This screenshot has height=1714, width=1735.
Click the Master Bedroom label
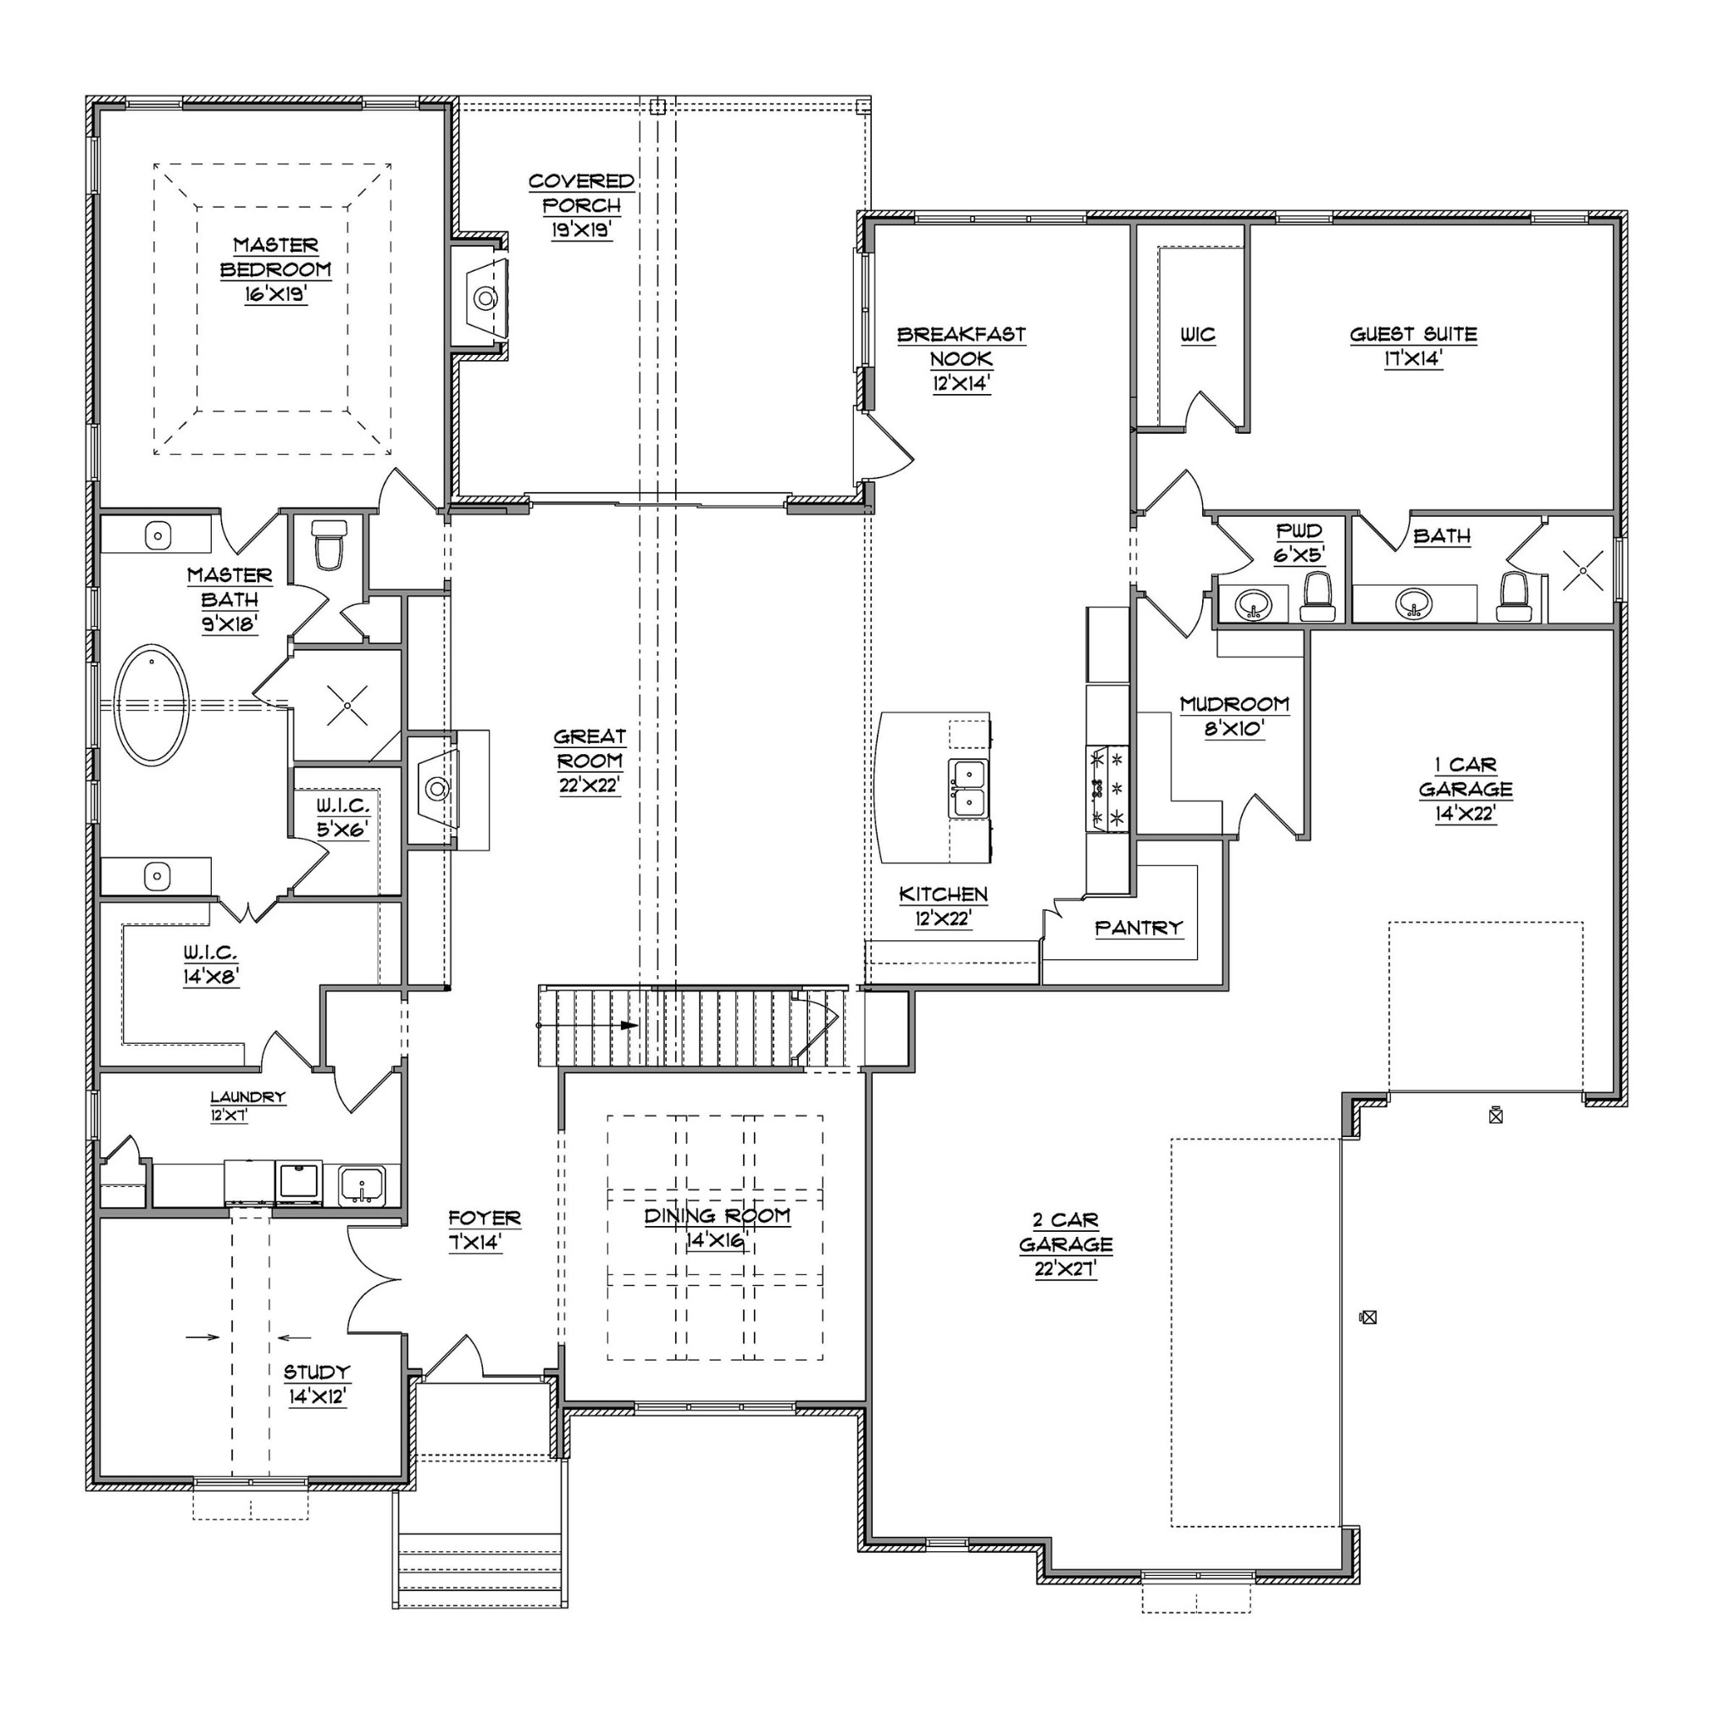tap(275, 258)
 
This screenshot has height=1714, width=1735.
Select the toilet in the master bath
tap(329, 546)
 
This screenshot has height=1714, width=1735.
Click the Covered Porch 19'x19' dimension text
tap(582, 230)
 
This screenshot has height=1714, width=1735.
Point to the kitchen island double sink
tap(969, 789)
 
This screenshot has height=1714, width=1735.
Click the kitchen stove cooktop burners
tap(1107, 789)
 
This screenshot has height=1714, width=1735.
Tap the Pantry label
tap(1138, 927)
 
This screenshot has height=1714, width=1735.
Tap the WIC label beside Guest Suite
tap(1198, 335)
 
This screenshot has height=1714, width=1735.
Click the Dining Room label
tap(717, 1217)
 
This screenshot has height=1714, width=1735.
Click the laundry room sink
tap(362, 1186)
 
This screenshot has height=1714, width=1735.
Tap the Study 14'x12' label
tap(317, 1384)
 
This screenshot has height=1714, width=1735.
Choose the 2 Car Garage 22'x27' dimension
tap(1065, 1270)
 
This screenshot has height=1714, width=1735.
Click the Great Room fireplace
tap(437, 789)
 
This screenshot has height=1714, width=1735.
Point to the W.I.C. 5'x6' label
tap(342, 818)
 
